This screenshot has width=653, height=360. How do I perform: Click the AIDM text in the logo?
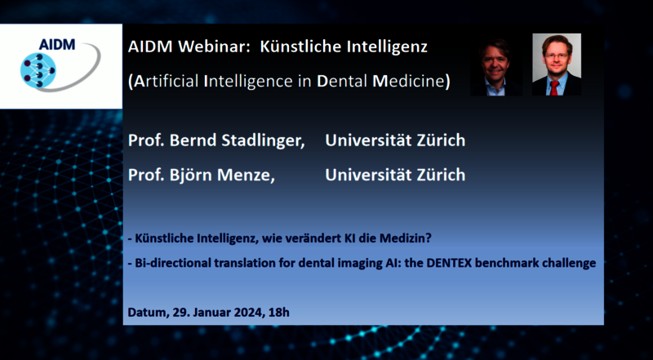click(x=56, y=44)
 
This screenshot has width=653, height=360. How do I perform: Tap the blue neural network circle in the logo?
click(x=38, y=70)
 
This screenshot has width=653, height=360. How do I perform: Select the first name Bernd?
click(x=193, y=140)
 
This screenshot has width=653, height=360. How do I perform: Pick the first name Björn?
click(x=191, y=175)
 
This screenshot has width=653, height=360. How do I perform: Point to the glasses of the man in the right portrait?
click(x=557, y=56)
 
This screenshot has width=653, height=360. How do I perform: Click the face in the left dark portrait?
click(x=495, y=63)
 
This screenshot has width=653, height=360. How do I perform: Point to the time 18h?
click(x=279, y=313)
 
